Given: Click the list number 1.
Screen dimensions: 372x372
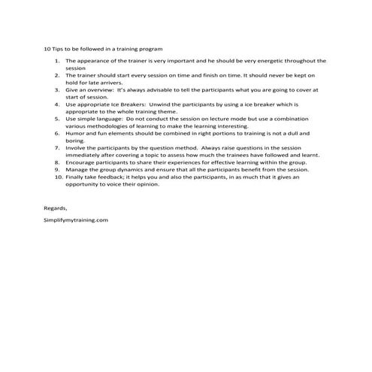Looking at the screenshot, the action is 57,60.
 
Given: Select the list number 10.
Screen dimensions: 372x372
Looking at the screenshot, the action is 56,176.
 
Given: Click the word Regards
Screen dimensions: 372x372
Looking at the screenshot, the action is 55,207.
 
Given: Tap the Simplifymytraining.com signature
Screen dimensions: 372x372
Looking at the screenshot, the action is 76,219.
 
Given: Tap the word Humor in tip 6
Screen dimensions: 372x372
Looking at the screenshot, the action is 74,132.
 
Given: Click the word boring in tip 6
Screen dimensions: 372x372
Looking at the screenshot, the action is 75,140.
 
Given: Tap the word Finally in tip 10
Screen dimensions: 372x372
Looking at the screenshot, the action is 75,176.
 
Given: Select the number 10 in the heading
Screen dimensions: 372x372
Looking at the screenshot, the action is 47,48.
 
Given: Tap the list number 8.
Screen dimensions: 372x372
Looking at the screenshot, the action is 57,162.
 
